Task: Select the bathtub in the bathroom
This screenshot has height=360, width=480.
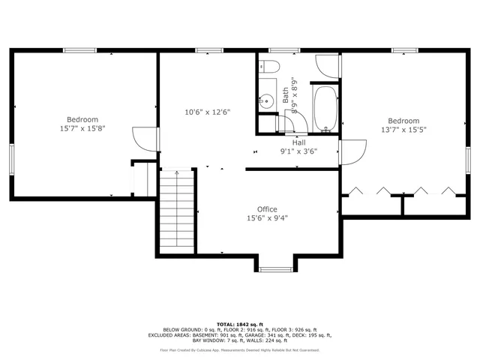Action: point(324,109)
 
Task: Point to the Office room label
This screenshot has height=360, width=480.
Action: point(267,209)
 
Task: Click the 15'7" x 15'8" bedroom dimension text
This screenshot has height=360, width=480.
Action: point(82,128)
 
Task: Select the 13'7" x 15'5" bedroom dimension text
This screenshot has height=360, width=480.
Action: point(403,129)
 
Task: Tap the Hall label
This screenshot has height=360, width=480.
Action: point(298,142)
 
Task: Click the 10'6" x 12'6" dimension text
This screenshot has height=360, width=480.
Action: point(207,112)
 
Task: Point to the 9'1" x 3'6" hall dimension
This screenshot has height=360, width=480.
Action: point(298,151)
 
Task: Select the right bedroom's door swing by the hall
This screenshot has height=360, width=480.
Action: point(352,152)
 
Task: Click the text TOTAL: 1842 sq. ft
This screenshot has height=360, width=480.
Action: point(239,322)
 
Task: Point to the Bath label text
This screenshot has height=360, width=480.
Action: point(286,96)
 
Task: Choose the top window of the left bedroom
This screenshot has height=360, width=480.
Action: point(79,50)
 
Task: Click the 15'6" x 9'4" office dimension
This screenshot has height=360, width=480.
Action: point(267,219)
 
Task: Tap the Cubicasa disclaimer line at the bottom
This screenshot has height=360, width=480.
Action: point(239,350)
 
